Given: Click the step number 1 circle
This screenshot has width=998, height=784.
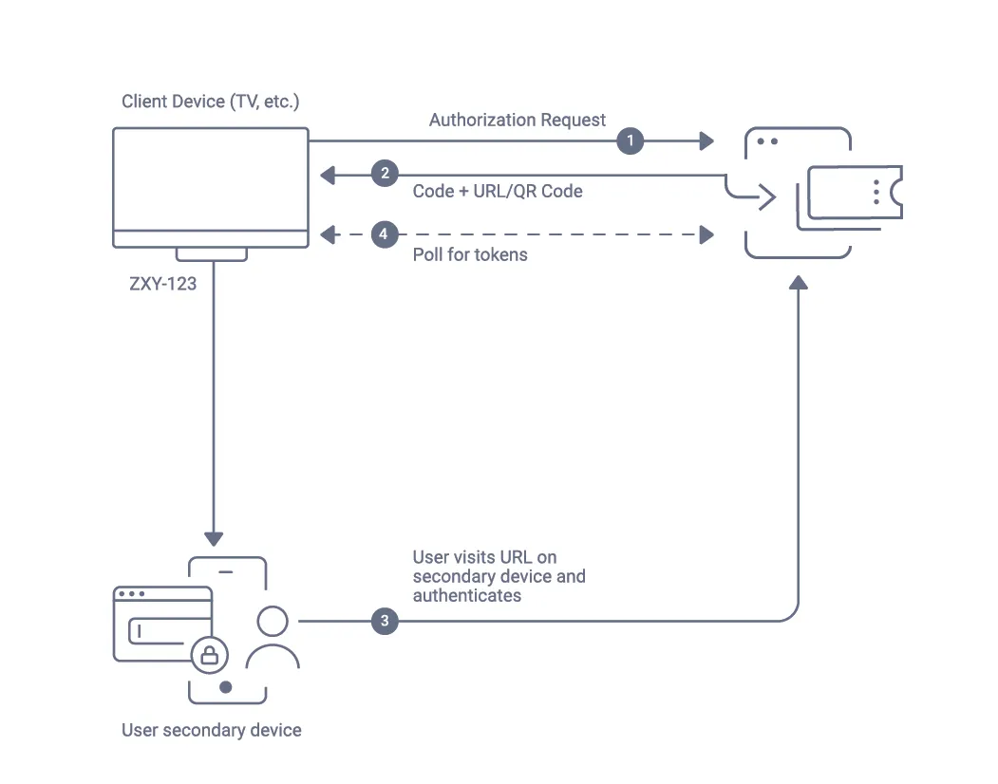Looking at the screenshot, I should tap(630, 141).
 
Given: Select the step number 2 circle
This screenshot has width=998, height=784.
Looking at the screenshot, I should tap(385, 174).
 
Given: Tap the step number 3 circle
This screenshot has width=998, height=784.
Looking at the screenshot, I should tap(385, 622).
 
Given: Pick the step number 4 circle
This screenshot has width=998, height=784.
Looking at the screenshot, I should tap(385, 233).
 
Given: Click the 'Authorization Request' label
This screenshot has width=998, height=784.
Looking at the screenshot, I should tap(517, 120).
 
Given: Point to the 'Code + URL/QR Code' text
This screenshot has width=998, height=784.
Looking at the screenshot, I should tap(498, 191).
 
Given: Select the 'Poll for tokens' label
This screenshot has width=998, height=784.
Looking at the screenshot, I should tap(470, 254).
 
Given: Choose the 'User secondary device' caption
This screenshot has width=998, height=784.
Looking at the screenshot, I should tap(212, 730).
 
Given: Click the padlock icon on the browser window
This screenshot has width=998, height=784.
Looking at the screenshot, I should tap(209, 653).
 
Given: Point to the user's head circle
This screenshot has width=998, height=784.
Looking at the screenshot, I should tap(273, 622).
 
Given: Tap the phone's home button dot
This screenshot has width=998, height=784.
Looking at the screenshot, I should tap(225, 687).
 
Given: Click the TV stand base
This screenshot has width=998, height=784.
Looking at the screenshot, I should tap(211, 253).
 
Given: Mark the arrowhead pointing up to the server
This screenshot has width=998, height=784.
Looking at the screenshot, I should tap(800, 283).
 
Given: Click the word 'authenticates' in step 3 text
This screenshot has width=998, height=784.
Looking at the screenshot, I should tap(467, 596).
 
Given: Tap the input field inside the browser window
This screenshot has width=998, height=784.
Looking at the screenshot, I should tap(157, 630).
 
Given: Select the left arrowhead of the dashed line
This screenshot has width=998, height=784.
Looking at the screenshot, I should tap(328, 233).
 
